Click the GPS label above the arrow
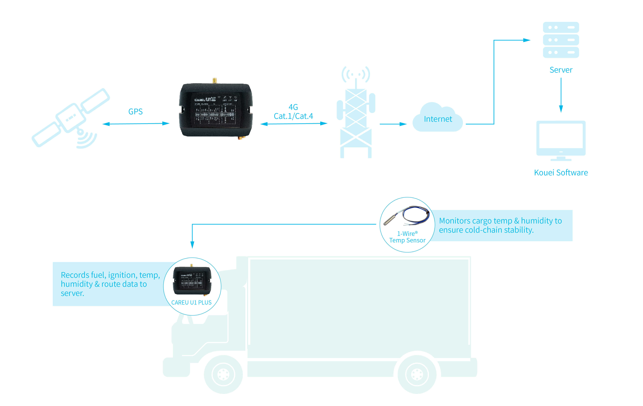coord(135,112)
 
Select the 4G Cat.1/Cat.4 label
coord(293,112)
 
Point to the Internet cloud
coord(438,119)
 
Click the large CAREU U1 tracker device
coord(216,110)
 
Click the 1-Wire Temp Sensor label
coord(407,237)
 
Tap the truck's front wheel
coord(223,374)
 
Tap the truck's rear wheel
coord(417,374)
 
